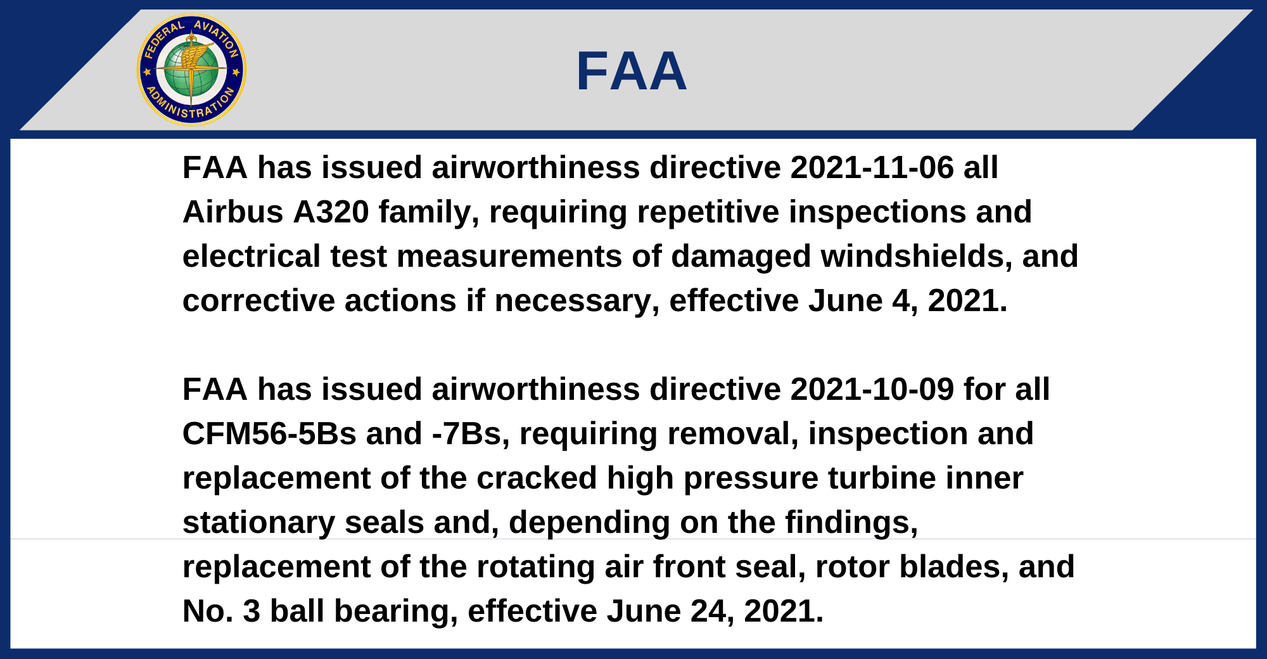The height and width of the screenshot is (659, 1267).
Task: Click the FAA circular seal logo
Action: coord(191,70)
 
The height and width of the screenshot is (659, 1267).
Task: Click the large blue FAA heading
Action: coord(632,71)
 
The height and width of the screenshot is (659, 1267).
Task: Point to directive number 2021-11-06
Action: coord(872,168)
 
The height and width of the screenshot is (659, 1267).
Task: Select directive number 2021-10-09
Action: coord(872,390)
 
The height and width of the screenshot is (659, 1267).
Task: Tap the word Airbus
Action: coord(233,212)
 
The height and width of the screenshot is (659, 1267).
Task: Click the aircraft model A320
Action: coord(331,212)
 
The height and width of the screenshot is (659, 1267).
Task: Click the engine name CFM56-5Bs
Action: coord(269,434)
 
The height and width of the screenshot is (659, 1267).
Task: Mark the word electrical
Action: coord(251,257)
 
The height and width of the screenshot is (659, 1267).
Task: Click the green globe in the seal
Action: coord(191,70)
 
